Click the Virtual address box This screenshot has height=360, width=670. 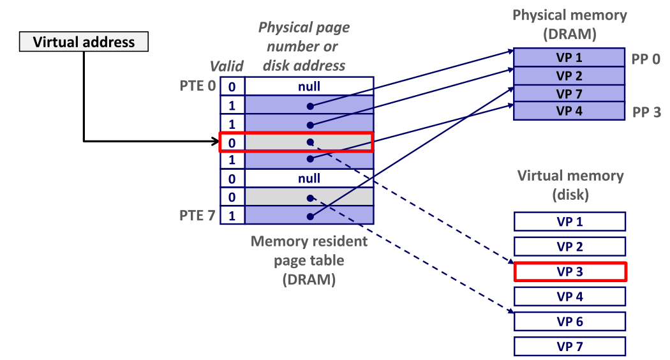(x=84, y=43)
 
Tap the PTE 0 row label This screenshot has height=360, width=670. (x=198, y=86)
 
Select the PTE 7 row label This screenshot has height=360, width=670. (x=198, y=215)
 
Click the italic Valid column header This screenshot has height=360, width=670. (x=227, y=66)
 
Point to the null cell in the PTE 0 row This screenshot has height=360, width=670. (x=309, y=86)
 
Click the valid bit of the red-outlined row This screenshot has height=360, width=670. (x=232, y=142)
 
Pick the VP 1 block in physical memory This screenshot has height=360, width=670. (x=569, y=57)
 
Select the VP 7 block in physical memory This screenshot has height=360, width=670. (x=569, y=94)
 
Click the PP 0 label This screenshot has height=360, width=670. (x=646, y=59)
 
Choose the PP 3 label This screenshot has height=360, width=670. (x=646, y=113)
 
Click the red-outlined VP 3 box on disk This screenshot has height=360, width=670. (x=570, y=272)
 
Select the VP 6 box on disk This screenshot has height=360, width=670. (x=570, y=322)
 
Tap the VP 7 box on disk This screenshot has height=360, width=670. (x=570, y=347)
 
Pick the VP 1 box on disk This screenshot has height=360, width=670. (x=570, y=221)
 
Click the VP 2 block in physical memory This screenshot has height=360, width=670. (x=569, y=76)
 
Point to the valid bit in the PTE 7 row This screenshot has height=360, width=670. (x=232, y=216)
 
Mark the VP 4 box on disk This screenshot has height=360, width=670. (x=570, y=297)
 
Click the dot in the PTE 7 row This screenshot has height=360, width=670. (x=309, y=216)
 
